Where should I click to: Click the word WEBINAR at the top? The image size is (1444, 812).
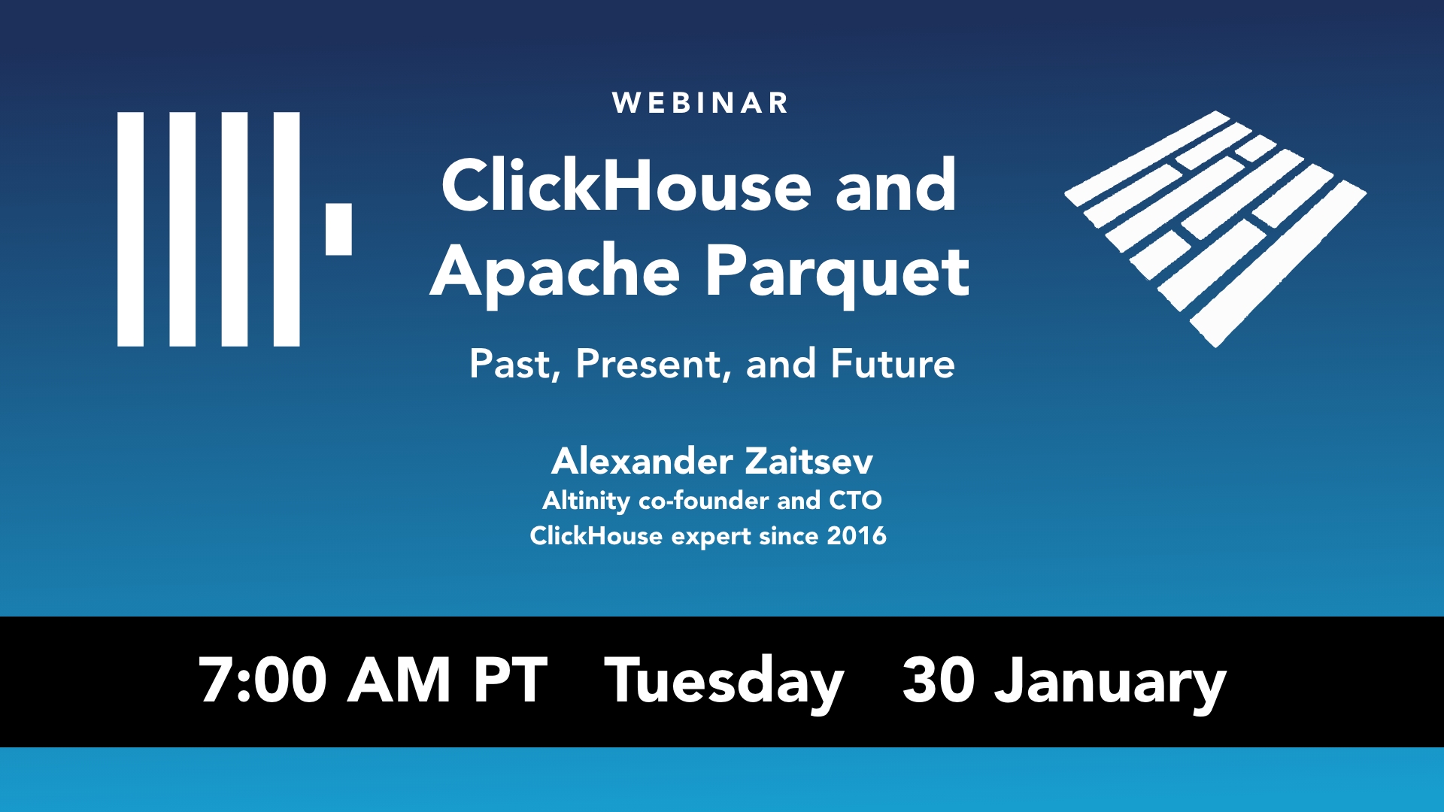tap(700, 103)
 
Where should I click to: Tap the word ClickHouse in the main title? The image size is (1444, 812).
tap(626, 186)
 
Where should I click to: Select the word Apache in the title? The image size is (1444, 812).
tap(555, 272)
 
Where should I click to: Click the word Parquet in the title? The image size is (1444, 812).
tap(837, 272)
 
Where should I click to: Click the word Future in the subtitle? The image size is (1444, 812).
tap(893, 365)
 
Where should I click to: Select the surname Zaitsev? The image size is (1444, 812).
tap(809, 461)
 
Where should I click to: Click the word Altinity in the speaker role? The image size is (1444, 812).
tap(586, 501)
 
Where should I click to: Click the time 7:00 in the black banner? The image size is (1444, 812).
tap(262, 680)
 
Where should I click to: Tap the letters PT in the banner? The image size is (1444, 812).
tap(511, 680)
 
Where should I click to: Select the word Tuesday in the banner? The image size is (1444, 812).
tap(724, 682)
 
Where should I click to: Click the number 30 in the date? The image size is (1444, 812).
tap(938, 680)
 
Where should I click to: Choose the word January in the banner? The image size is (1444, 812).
tap(1110, 682)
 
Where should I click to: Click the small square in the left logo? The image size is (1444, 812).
tap(338, 229)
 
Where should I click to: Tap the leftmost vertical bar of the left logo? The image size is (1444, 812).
tap(130, 229)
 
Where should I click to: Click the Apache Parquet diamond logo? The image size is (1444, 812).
tap(1215, 229)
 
